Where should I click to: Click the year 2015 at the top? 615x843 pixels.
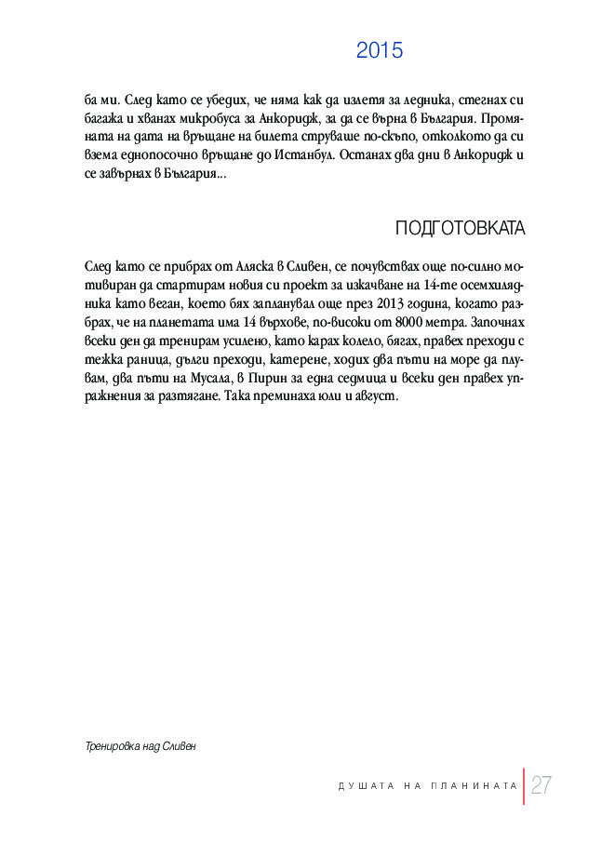380,51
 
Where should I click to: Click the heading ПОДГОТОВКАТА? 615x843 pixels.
460,229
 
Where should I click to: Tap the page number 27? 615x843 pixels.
541,786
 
